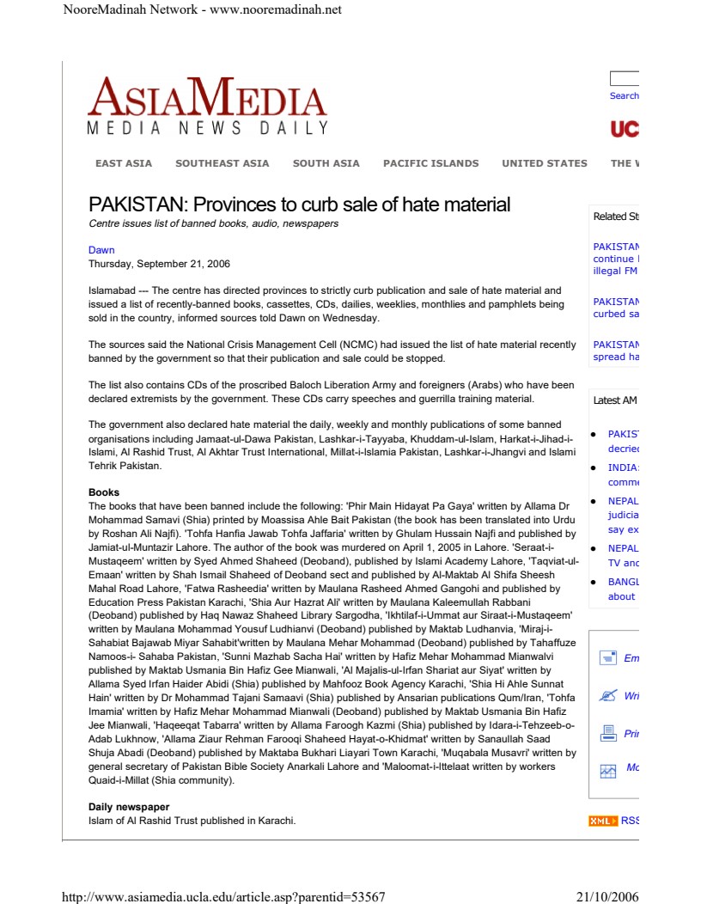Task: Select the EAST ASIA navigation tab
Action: [x=124, y=163]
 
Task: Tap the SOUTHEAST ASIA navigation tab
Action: [x=222, y=163]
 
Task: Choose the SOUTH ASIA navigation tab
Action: [x=326, y=163]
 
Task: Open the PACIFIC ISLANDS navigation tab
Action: [x=430, y=163]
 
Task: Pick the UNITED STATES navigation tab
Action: [x=545, y=163]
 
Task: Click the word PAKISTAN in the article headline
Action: [x=136, y=205]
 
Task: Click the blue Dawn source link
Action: [x=101, y=250]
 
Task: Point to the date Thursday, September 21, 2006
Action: [x=159, y=264]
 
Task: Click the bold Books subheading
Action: [x=104, y=492]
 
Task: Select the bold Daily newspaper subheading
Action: [x=129, y=807]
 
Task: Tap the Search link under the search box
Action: [x=624, y=96]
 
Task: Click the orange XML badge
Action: [x=602, y=822]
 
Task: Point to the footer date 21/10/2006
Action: [x=607, y=897]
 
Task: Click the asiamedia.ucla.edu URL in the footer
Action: [x=223, y=897]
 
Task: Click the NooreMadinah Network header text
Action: [x=203, y=9]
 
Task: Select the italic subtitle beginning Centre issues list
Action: [x=213, y=223]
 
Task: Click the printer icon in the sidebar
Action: [x=608, y=733]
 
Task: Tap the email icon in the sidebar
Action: [x=608, y=658]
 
